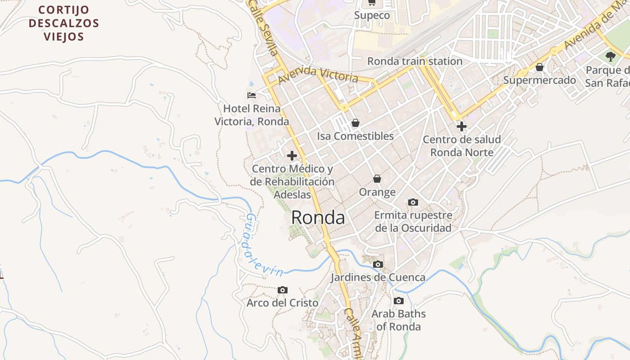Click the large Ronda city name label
tap(318, 218)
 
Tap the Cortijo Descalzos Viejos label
tap(63, 23)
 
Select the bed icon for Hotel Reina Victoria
tap(252, 95)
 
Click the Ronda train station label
tap(414, 61)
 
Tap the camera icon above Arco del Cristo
tap(282, 290)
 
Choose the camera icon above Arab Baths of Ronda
tap(398, 301)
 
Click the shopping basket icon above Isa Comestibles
tap(355, 122)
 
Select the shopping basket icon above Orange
tap(377, 179)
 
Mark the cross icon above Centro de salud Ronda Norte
tap(461, 126)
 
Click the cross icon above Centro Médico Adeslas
tap(292, 156)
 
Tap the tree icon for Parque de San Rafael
tap(610, 57)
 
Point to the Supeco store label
tap(372, 15)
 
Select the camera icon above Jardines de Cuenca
tap(378, 264)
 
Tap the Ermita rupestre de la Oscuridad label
tap(413, 222)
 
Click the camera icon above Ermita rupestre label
tap(413, 202)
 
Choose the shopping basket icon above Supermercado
tap(539, 67)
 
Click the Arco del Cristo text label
tap(282, 303)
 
